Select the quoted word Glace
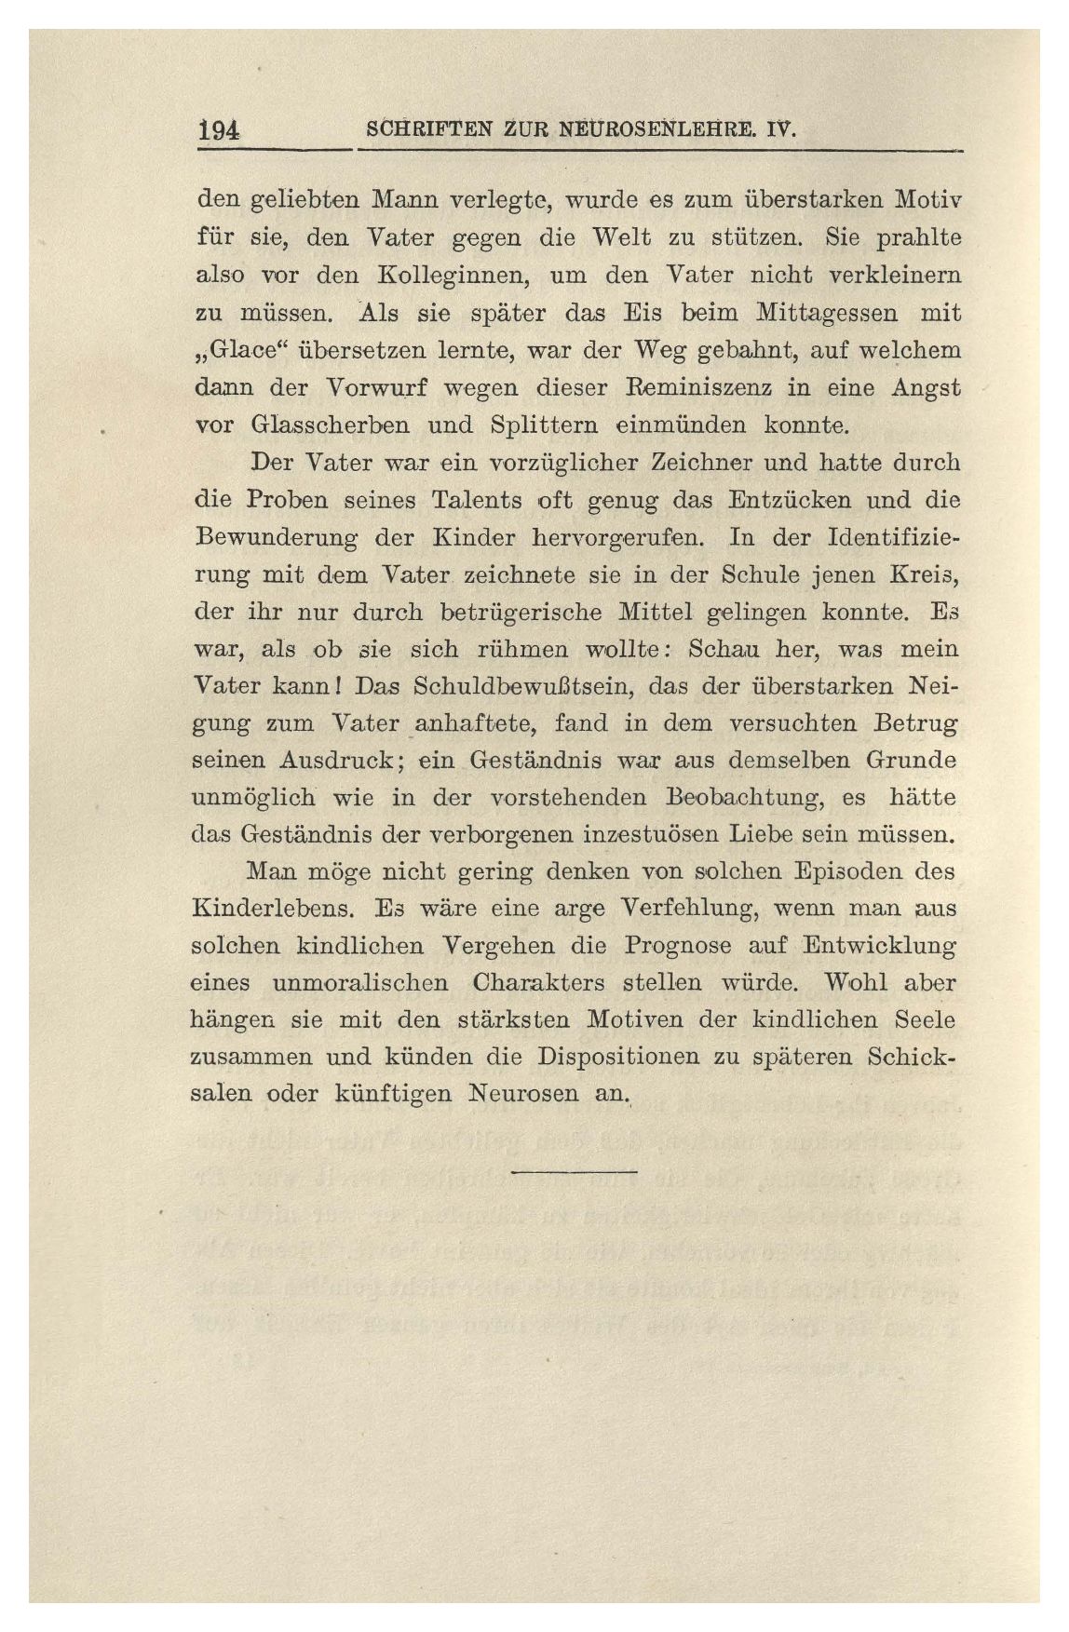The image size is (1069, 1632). click(231, 351)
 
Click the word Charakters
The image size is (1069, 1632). click(540, 982)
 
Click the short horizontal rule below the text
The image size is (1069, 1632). click(574, 1170)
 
